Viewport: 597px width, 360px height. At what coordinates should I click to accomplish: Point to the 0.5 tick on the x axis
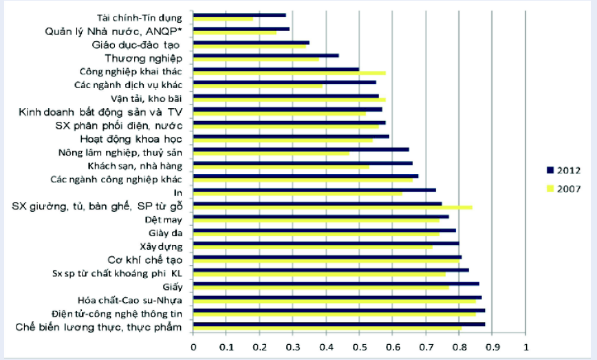point(359,346)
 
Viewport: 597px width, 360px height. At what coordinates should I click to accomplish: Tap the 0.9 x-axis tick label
point(492,346)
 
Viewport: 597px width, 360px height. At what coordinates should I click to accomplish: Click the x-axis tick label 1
point(526,346)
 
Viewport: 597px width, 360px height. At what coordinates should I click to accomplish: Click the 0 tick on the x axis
point(193,346)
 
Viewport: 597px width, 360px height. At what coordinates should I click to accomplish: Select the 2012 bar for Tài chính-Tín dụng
point(239,14)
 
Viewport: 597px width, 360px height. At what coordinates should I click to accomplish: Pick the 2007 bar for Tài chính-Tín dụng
point(223,19)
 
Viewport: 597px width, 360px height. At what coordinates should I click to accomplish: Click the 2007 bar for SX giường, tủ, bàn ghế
point(332,207)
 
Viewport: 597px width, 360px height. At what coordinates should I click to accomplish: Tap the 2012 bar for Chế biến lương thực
point(339,324)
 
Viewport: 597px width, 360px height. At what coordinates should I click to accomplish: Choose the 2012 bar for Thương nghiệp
point(266,55)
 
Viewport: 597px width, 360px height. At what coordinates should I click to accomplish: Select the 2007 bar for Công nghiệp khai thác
point(290,73)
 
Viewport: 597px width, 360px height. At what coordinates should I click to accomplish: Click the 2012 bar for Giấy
point(336,284)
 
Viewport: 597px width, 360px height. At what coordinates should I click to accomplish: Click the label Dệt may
point(164,220)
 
